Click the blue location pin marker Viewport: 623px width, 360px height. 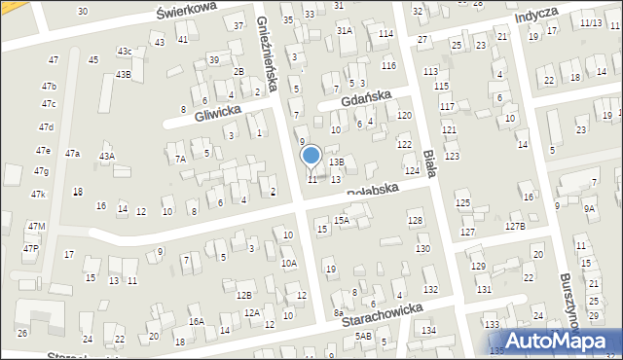311,156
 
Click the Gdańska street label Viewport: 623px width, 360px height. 365,96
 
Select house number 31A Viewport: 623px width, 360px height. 345,30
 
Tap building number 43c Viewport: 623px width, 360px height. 125,51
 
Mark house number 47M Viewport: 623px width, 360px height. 36,226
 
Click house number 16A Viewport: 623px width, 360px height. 196,321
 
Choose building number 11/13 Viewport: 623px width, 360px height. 590,22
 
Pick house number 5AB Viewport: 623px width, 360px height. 363,336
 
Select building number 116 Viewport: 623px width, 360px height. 389,65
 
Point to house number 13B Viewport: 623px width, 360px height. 336,162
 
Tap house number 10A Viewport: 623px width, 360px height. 289,263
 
